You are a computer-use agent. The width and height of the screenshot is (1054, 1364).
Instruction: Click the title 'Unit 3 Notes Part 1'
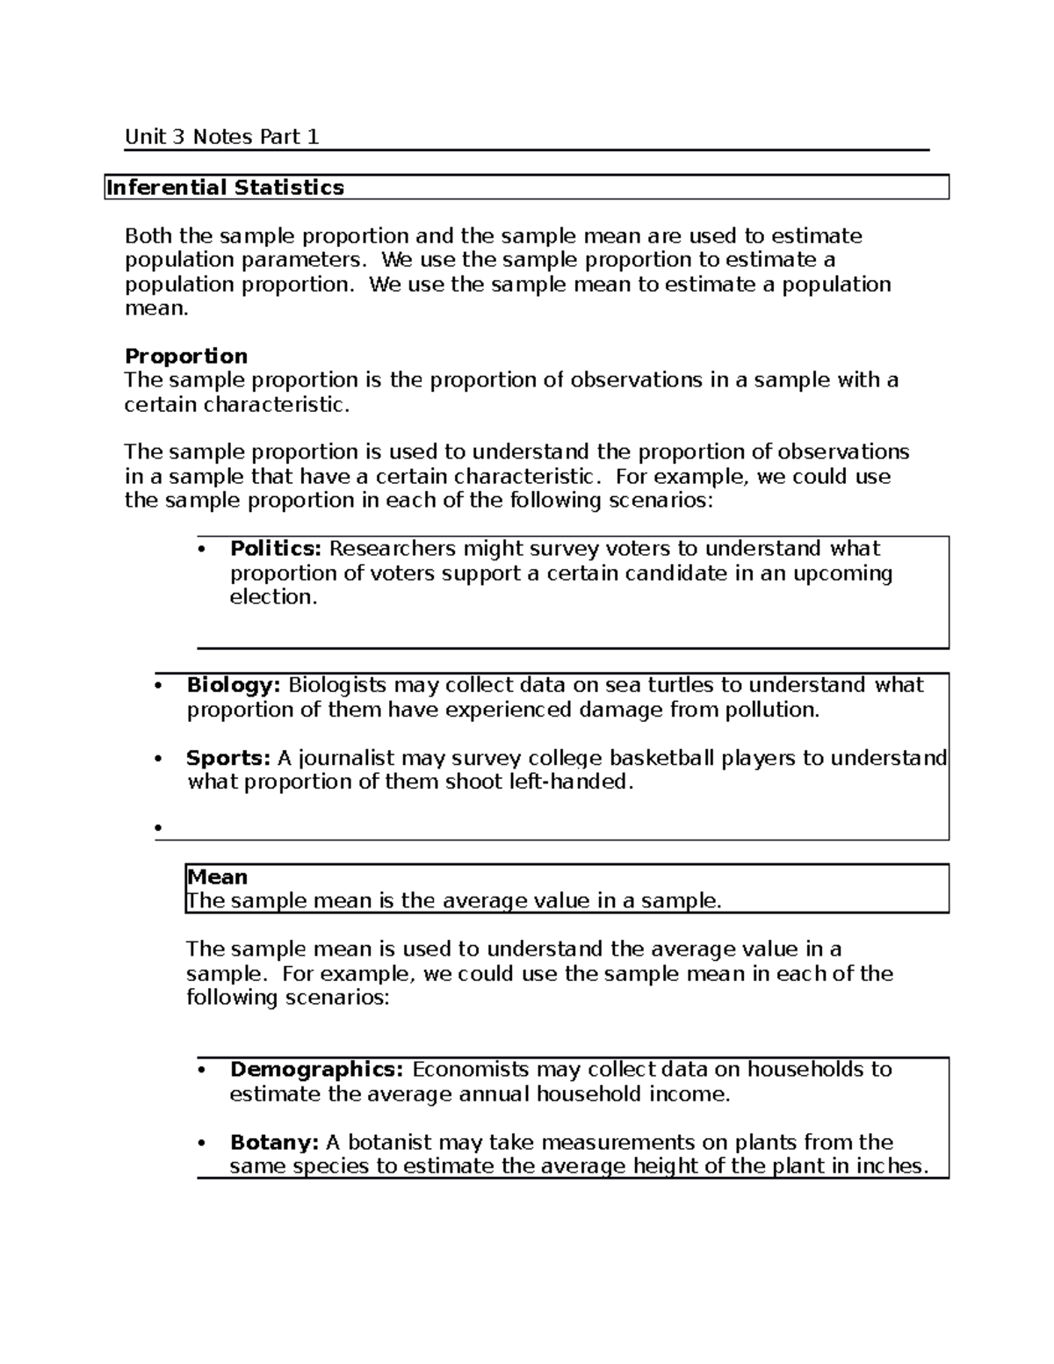pos(221,137)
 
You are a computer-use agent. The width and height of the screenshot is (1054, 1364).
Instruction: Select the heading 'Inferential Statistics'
pos(225,187)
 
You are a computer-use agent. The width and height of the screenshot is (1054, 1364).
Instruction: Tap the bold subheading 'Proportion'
pos(186,356)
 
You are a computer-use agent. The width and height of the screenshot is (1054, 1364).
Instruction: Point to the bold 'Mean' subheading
pos(218,877)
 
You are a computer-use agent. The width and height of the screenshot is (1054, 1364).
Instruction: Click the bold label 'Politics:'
pos(276,549)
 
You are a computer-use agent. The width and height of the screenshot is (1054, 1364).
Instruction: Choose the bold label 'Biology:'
pos(234,685)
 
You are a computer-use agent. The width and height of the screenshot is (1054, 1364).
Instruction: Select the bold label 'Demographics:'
pos(316,1070)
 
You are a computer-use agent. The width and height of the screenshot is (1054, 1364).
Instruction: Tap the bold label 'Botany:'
pos(274,1143)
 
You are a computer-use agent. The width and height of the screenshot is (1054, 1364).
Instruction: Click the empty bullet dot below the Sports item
pos(158,828)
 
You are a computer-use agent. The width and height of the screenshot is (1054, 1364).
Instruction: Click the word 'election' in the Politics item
pos(270,597)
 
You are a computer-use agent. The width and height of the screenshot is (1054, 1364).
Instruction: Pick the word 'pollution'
pos(769,710)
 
